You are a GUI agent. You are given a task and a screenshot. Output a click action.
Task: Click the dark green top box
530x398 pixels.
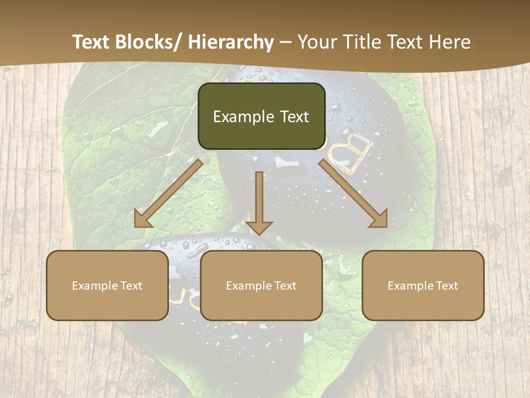click(261, 116)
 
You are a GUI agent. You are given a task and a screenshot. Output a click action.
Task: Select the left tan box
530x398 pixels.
click(107, 285)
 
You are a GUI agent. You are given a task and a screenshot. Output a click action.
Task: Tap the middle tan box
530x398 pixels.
click(261, 285)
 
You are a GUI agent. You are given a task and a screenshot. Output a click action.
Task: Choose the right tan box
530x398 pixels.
click(423, 285)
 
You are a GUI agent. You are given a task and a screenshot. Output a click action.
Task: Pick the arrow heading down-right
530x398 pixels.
click(353, 194)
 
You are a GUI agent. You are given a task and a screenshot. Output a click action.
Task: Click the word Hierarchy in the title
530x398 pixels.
click(230, 42)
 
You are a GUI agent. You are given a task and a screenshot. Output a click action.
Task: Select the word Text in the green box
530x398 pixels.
click(294, 117)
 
